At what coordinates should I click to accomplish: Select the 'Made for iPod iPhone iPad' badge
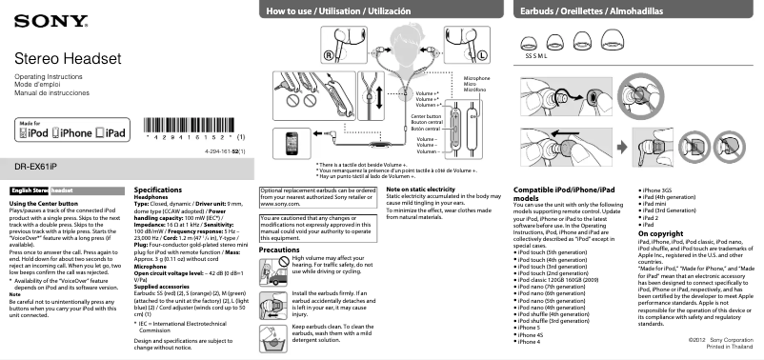(70, 131)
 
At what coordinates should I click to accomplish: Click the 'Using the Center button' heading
(43, 204)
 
